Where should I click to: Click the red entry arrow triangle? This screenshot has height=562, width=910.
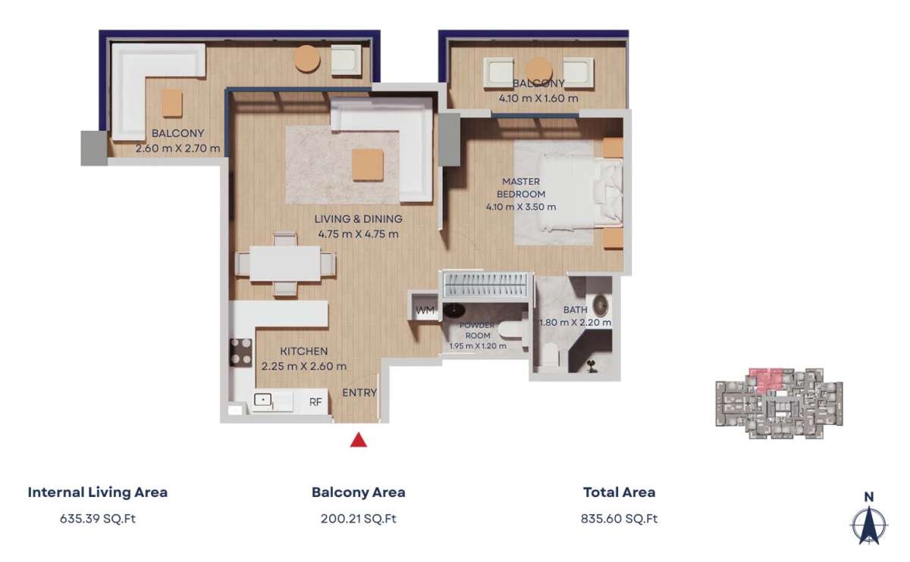(x=358, y=440)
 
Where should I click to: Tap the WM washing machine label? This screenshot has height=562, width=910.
(x=425, y=311)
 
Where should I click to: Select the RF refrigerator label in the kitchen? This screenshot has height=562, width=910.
(x=315, y=401)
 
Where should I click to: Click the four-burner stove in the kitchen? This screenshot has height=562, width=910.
(x=241, y=353)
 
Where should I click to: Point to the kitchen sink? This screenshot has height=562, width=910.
(x=263, y=400)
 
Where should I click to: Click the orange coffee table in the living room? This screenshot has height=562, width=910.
(x=368, y=165)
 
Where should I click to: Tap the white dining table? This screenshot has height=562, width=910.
(x=285, y=264)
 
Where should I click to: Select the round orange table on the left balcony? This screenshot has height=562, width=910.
(x=307, y=59)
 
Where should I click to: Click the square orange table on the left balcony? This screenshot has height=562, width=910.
(x=172, y=103)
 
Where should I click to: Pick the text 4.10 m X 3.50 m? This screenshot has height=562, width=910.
(x=521, y=207)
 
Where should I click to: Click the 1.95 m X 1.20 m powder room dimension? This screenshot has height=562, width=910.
(x=478, y=346)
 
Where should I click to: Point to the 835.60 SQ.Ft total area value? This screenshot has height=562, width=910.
(x=619, y=519)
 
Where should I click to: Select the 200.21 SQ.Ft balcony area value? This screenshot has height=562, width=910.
(x=358, y=519)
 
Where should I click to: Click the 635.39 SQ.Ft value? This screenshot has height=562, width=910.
(x=98, y=519)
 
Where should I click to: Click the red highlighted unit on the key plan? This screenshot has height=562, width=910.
(x=765, y=379)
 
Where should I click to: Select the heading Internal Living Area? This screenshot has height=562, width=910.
(x=98, y=492)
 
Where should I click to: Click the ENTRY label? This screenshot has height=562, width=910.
(x=359, y=393)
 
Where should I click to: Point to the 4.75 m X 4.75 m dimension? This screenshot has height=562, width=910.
(x=358, y=234)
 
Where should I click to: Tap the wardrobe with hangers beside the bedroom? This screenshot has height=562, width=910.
(x=486, y=285)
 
